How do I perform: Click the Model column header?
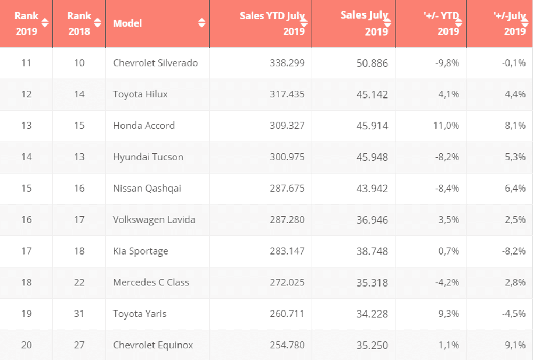[127, 23]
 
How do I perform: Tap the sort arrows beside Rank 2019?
[45, 22]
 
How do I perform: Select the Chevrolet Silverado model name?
[155, 63]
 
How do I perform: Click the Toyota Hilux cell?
[140, 94]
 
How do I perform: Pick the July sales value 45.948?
[372, 157]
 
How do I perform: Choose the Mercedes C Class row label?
[151, 282]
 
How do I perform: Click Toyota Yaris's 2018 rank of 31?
[79, 314]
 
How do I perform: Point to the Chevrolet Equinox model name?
[153, 345]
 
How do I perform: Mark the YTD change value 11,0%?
[447, 126]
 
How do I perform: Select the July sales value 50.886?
[372, 63]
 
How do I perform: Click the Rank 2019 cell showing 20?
[26, 345]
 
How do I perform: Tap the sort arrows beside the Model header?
[201, 22]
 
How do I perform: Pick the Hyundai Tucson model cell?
[148, 157]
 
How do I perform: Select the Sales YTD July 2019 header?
[272, 23]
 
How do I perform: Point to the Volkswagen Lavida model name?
[154, 219]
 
